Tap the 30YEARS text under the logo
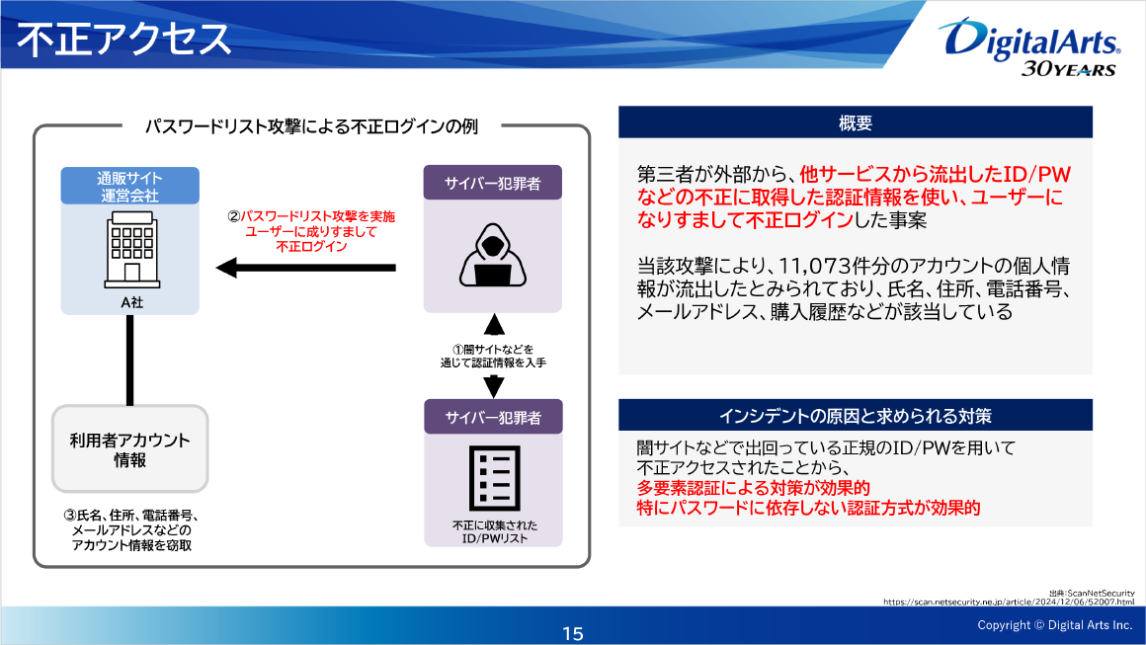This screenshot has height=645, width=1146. tap(1067, 69)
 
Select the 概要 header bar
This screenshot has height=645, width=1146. tap(855, 122)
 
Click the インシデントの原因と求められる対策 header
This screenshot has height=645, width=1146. tap(855, 416)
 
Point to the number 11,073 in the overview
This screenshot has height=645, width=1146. tap(820, 268)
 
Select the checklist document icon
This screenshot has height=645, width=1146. tap(493, 478)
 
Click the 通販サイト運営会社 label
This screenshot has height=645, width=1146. tap(129, 187)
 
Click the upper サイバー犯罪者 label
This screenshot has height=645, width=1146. tap(492, 184)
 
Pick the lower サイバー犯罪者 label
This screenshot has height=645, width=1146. tap(492, 417)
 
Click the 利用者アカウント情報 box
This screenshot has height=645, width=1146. tap(129, 449)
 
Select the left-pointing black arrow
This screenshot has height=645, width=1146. tap(306, 267)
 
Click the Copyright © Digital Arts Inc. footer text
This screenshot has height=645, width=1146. tap(1054, 625)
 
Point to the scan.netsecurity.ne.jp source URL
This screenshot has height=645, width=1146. tap(1008, 601)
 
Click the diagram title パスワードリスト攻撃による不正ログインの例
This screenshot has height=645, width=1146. tap(311, 127)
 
